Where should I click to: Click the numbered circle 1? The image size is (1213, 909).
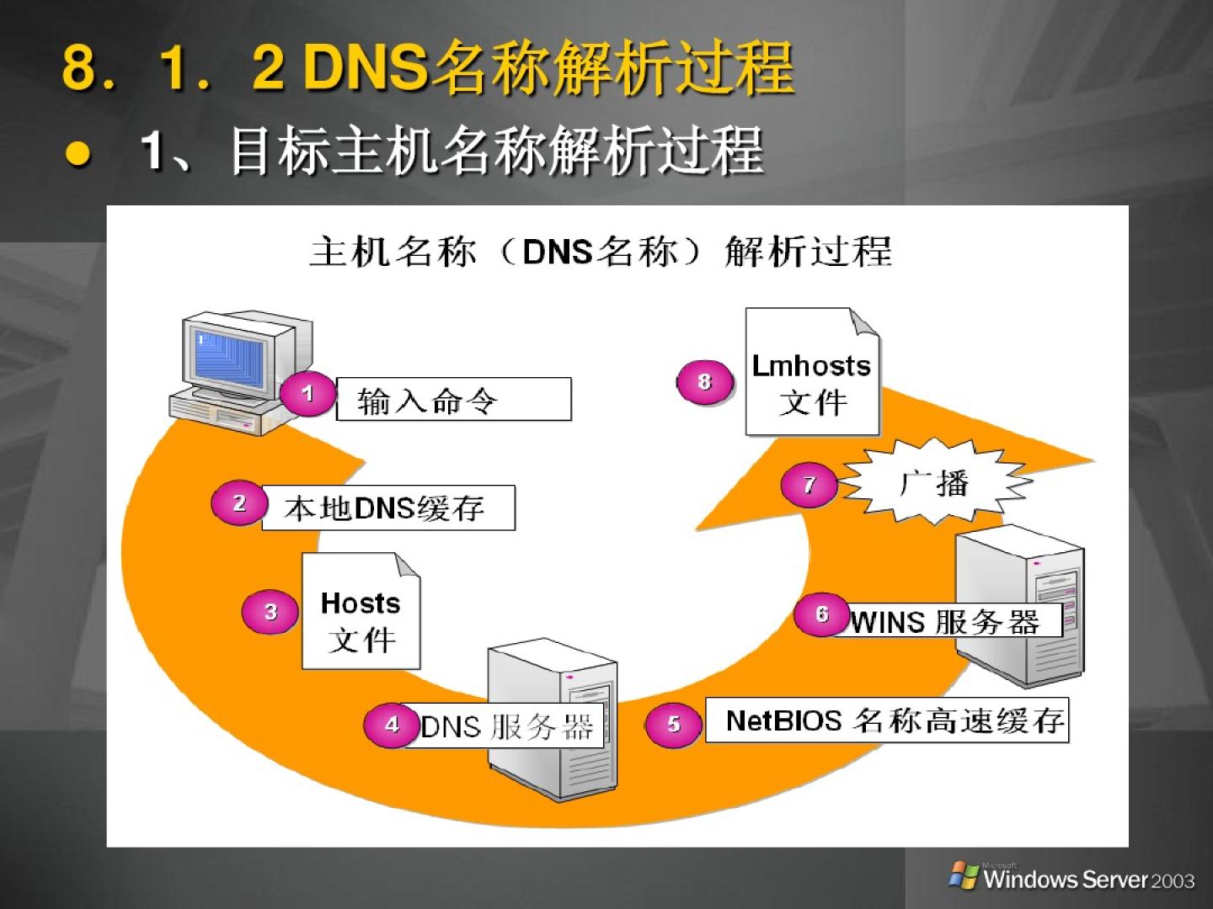click(x=307, y=393)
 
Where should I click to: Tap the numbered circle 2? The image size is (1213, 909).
click(x=239, y=503)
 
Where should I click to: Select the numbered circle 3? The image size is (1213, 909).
click(x=270, y=612)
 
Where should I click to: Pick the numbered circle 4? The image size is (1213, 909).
click(x=392, y=725)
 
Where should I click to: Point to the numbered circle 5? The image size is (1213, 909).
click(x=673, y=724)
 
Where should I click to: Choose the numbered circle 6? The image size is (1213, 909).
click(x=822, y=614)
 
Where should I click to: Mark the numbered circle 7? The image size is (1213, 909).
click(x=809, y=485)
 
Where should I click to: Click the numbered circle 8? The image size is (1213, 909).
click(x=704, y=382)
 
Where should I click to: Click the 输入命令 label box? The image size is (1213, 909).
click(x=453, y=400)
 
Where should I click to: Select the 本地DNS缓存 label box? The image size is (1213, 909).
click(x=388, y=508)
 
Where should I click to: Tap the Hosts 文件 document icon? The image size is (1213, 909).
click(x=361, y=612)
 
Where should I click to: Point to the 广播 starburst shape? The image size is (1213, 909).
click(x=934, y=484)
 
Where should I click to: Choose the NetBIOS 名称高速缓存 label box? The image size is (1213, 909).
click(x=886, y=720)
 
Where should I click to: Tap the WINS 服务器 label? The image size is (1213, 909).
click(x=947, y=622)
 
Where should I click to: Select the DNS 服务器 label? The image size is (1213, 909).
click(x=508, y=726)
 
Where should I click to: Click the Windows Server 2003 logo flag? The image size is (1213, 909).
click(x=964, y=875)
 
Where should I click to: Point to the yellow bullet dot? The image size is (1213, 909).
click(x=78, y=153)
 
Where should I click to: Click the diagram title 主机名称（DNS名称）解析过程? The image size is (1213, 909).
click(x=601, y=252)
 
